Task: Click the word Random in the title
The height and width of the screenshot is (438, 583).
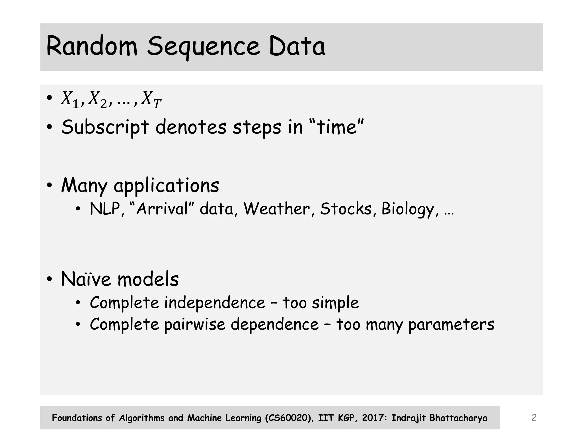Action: (x=92, y=46)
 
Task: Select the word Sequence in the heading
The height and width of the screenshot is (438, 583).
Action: (x=203, y=47)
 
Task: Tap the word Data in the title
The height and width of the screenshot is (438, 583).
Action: (x=297, y=46)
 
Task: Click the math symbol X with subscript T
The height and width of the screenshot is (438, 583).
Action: (x=151, y=100)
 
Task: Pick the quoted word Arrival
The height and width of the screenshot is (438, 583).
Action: (x=162, y=209)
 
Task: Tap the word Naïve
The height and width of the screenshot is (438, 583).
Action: (x=86, y=279)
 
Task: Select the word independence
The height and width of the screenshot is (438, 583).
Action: (x=215, y=303)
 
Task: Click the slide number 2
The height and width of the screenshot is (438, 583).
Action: (x=534, y=418)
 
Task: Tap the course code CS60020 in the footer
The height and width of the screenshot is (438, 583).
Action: (x=289, y=418)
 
